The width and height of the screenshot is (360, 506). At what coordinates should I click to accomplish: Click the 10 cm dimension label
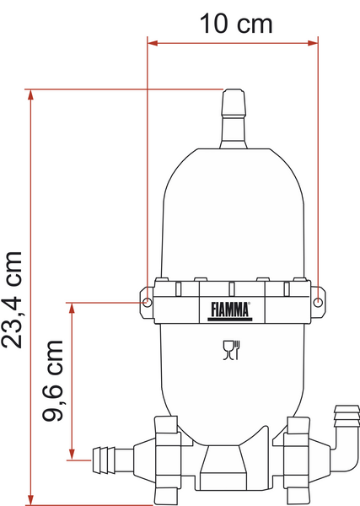236,24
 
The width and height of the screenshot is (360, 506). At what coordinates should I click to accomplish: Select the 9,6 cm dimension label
52,380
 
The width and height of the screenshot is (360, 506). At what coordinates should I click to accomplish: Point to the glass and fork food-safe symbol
232,350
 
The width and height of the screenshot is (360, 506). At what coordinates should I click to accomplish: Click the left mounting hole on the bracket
147,303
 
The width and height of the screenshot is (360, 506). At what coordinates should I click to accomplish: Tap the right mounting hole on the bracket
318,303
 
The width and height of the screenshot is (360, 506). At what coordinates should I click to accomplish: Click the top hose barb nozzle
234,119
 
